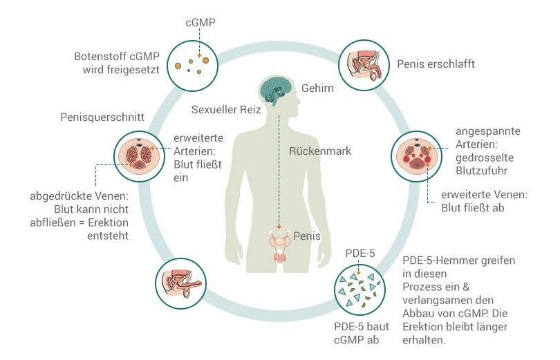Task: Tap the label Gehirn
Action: click(x=317, y=88)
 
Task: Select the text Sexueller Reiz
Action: click(x=226, y=110)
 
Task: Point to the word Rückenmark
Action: click(x=320, y=151)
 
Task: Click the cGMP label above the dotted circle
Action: click(x=200, y=23)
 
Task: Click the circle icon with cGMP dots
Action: click(x=192, y=66)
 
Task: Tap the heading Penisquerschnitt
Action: click(x=102, y=117)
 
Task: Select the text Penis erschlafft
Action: click(x=436, y=64)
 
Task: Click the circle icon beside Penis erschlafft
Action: click(x=364, y=65)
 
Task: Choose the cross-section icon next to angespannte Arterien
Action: click(x=416, y=156)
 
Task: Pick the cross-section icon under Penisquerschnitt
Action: click(x=139, y=156)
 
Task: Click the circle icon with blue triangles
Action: click(x=360, y=290)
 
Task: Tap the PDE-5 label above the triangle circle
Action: click(x=360, y=253)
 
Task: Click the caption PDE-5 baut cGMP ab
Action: click(x=361, y=333)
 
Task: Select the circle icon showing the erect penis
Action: click(x=180, y=284)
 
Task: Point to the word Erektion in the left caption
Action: click(x=108, y=222)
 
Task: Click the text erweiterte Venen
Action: click(x=484, y=195)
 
